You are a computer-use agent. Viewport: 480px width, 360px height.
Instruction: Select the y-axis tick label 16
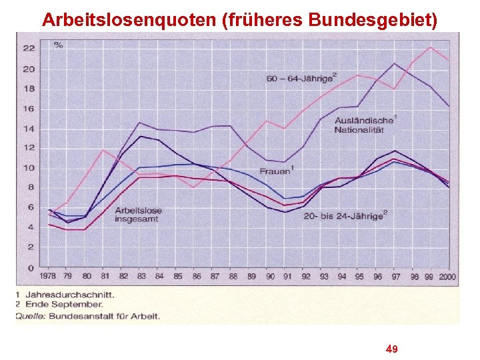pyautogui.click(x=29, y=108)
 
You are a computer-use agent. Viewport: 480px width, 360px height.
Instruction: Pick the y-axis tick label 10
pyautogui.click(x=29, y=168)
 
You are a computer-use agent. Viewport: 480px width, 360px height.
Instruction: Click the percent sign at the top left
pyautogui.click(x=59, y=45)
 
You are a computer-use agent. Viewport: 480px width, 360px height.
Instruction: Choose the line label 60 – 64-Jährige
pyautogui.click(x=301, y=79)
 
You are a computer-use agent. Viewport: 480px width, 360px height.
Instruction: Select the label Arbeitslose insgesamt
pyautogui.click(x=138, y=215)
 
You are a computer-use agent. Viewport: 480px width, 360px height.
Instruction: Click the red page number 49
pyautogui.click(x=392, y=349)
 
